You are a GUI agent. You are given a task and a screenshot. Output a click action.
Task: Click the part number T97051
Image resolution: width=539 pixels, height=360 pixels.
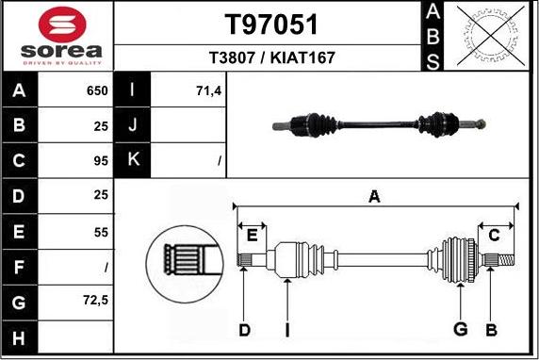click(x=270, y=25)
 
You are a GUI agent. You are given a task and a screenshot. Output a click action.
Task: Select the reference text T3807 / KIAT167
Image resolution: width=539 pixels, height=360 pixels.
click(x=270, y=57)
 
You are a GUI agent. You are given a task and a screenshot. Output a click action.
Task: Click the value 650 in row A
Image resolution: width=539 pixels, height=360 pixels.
click(x=96, y=91)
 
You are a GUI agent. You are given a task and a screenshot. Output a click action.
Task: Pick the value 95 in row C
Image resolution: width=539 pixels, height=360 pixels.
click(x=100, y=160)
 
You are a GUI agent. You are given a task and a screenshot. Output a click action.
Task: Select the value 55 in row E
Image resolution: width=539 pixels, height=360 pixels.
click(x=100, y=230)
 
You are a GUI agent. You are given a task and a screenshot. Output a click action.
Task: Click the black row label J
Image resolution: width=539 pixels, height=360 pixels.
click(x=133, y=125)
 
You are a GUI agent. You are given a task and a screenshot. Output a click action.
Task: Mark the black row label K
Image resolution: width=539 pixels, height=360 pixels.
click(x=133, y=160)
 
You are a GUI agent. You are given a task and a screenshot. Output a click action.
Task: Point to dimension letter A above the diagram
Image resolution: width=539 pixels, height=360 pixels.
click(x=374, y=197)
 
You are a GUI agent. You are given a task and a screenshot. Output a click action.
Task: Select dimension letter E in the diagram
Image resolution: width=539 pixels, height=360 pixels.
click(x=252, y=236)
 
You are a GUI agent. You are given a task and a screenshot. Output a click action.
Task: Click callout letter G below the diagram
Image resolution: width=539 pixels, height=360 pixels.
click(x=460, y=329)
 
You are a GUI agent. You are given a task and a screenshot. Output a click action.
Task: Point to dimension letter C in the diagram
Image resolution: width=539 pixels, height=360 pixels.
click(x=494, y=236)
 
